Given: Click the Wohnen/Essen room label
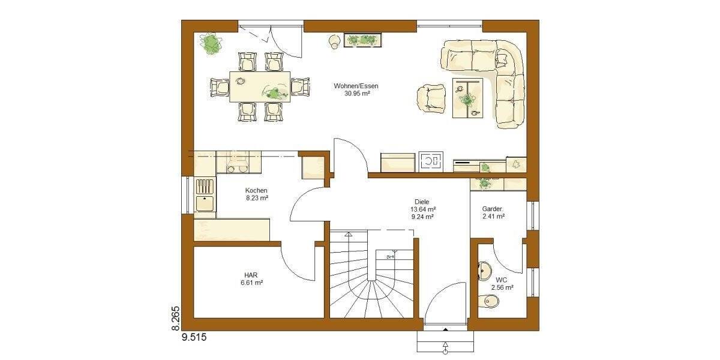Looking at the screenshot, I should [356, 86].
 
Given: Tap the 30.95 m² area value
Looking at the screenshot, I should [356, 94].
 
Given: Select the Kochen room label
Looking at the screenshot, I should [256, 190].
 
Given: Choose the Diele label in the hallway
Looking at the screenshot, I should [422, 202].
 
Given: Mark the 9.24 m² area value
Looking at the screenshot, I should [422, 217].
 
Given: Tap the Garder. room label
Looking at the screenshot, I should [494, 209].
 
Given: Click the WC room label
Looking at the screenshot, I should [502, 280].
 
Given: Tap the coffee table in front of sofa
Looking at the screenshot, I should [467, 97].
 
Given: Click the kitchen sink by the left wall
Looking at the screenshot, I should [205, 203].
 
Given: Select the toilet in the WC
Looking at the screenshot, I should [487, 304].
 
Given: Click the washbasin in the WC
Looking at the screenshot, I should [483, 271].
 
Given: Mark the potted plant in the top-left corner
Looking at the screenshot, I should [211, 43].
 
